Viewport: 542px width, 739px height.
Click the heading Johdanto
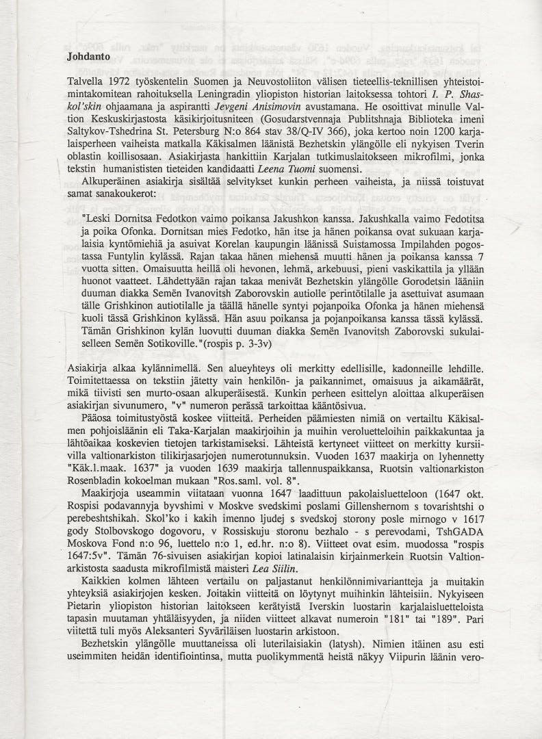(x=84, y=57)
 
